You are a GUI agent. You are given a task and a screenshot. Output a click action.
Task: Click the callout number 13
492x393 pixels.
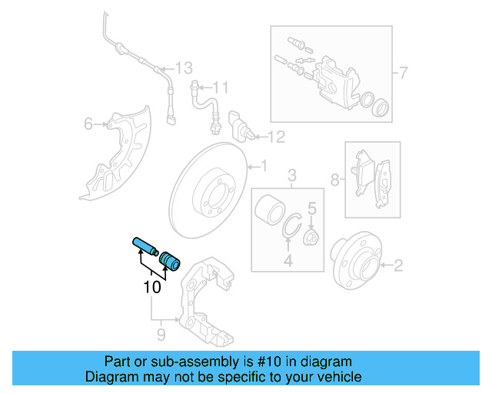183,68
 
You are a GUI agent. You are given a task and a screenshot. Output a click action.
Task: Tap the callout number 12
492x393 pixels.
276,137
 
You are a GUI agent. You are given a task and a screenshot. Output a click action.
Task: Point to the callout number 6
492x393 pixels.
88,124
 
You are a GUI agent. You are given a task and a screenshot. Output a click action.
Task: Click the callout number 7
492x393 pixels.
403,74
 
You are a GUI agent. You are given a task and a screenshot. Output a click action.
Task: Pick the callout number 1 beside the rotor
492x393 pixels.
262,165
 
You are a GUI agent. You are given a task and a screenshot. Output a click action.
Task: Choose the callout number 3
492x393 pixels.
291,178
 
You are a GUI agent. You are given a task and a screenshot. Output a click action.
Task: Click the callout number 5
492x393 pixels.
312,207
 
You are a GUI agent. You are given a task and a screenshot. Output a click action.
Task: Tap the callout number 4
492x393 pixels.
288,262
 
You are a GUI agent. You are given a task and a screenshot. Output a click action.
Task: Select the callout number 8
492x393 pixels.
334,180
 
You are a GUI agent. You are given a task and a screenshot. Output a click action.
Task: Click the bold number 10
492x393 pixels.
152,288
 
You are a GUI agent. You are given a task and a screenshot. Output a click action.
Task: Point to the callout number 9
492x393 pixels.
161,334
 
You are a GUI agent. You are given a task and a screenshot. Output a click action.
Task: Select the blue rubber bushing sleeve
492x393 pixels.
169,262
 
